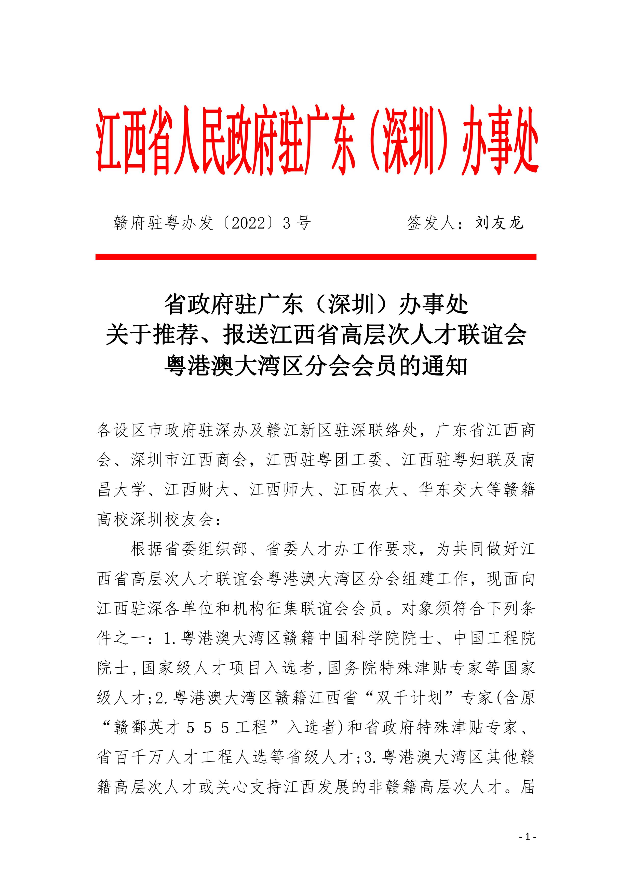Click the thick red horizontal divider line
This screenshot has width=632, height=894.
click(316, 257)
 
